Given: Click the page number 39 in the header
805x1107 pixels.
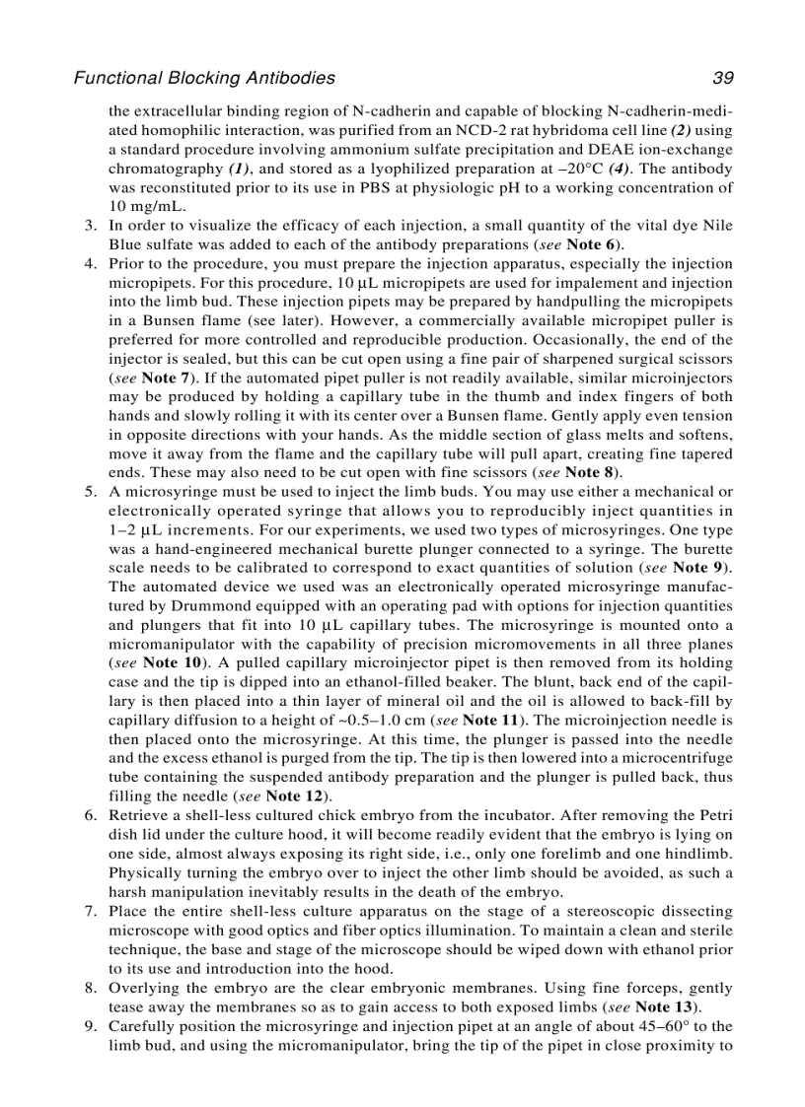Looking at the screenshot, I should [x=722, y=78].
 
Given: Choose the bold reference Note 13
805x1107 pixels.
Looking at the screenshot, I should [x=667, y=1006].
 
